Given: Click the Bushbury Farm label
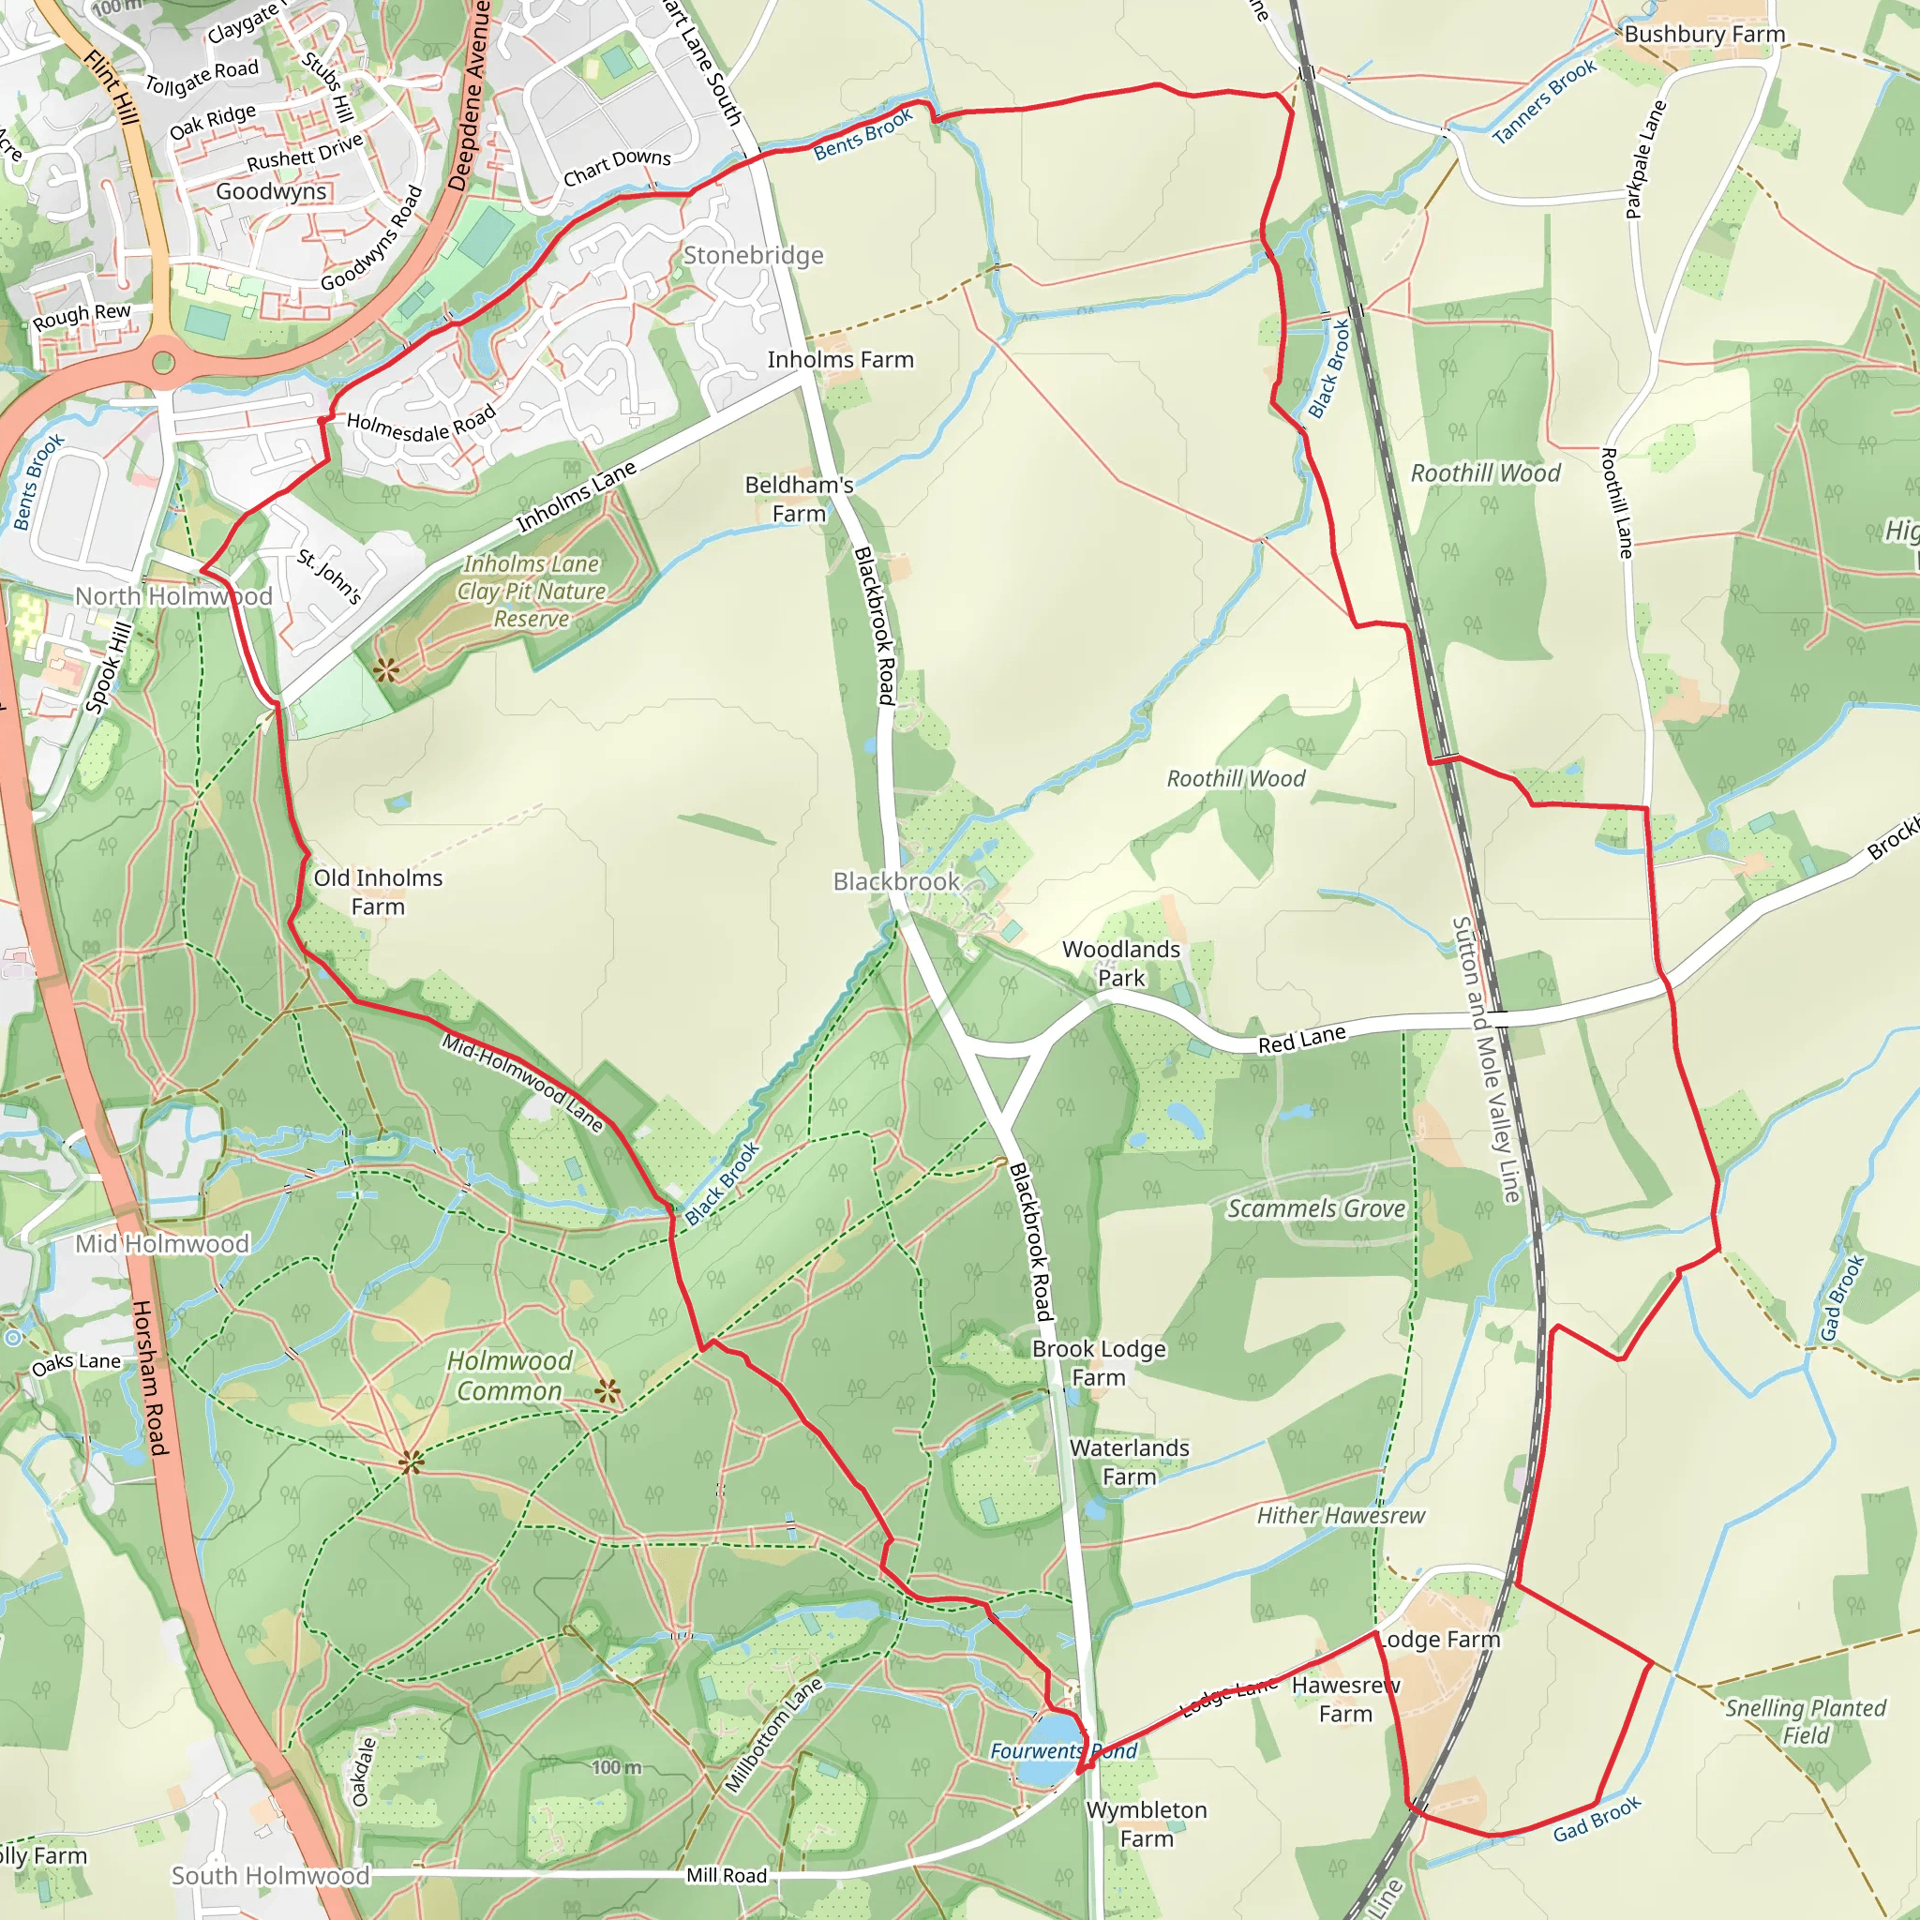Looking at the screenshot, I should tap(1704, 35).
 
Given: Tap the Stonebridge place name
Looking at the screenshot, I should tap(754, 255).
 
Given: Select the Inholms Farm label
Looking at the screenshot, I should tap(840, 360).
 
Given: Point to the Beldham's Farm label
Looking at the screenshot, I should tap(799, 499).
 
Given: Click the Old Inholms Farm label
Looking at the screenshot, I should tap(378, 892).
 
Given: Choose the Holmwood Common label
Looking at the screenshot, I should tap(510, 1375).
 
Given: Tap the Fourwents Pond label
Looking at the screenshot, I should tap(1063, 1751).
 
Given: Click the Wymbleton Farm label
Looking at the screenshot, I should tap(1146, 1823).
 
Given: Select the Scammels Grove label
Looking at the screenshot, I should tap(1315, 1208).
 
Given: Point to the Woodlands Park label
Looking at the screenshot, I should tap(1121, 963).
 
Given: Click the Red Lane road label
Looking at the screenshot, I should tap(1301, 1040).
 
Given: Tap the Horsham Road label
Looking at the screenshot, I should tap(149, 1376).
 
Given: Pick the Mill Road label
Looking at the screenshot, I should tap(727, 1875).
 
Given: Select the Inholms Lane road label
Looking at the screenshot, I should tap(576, 497).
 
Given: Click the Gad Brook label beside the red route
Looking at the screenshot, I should tap(1597, 1819).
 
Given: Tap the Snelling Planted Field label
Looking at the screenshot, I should tap(1805, 1721).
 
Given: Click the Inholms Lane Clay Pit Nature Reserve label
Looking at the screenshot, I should tap(532, 592).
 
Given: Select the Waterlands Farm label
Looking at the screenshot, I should tap(1129, 1462).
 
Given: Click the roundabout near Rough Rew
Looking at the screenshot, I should tap(163, 362).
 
